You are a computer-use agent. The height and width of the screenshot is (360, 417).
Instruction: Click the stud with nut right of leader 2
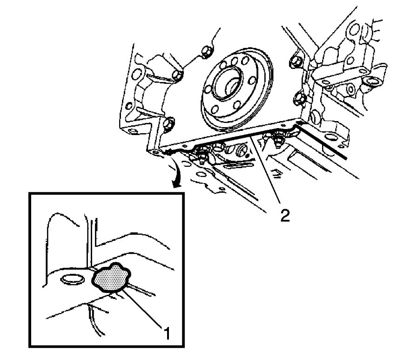[x=279, y=138]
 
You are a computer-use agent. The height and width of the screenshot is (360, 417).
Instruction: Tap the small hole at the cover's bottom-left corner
[x=154, y=151]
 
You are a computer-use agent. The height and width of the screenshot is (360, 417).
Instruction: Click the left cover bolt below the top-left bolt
[x=176, y=75]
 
